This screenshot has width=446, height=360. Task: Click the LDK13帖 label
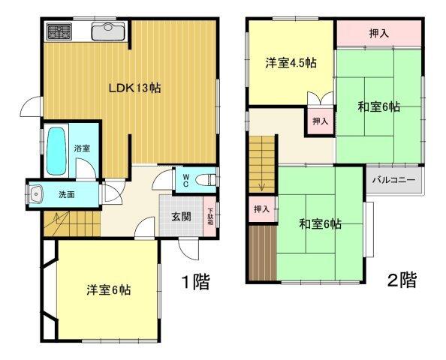(135, 88)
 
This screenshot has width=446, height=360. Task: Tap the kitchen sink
(108, 31)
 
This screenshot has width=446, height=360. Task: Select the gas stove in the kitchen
(59, 31)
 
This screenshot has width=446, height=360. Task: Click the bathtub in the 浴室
(56, 151)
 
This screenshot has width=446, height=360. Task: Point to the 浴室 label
(82, 148)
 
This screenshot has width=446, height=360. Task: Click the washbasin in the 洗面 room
(35, 194)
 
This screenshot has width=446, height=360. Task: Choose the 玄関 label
(181, 217)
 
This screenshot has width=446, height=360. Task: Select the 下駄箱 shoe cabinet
(210, 216)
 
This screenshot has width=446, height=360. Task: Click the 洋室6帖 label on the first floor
(109, 290)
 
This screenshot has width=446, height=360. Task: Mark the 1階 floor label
(196, 282)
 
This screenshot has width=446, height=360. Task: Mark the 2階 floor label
(402, 280)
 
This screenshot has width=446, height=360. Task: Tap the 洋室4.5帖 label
(291, 63)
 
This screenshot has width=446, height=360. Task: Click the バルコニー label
(394, 180)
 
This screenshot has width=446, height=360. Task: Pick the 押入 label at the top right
(379, 34)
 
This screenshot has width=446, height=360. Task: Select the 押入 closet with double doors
(321, 121)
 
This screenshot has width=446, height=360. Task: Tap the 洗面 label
(67, 195)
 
